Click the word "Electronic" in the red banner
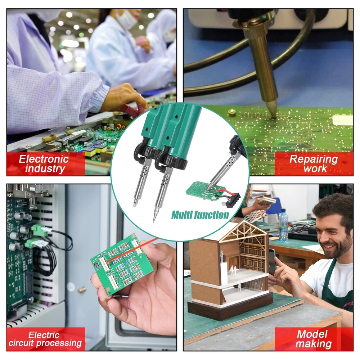(x=44, y=159)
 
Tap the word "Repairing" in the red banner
(x=314, y=159)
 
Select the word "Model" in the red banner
(x=312, y=334)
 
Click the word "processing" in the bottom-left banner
(x=59, y=343)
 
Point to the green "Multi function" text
(x=200, y=215)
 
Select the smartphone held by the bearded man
(x=272, y=261)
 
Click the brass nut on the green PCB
(x=232, y=113)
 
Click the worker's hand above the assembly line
(x=124, y=98)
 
